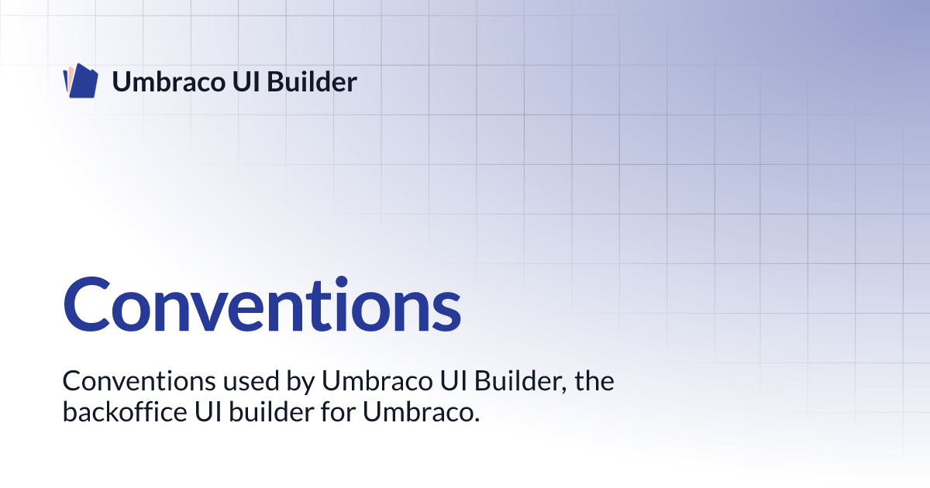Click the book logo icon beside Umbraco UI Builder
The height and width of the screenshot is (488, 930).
(x=80, y=81)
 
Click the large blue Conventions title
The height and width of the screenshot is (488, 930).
(x=261, y=302)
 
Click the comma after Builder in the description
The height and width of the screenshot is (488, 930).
(x=570, y=390)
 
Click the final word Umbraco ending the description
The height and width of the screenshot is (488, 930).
(x=417, y=412)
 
